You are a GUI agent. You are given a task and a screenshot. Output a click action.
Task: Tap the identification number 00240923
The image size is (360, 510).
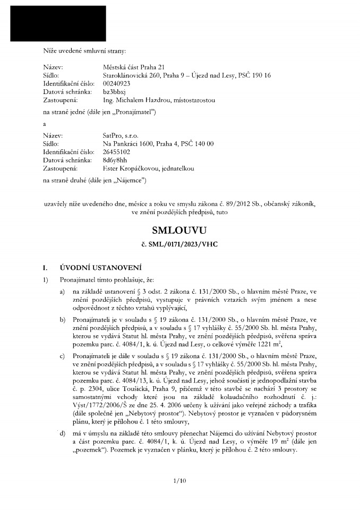coord(116,84)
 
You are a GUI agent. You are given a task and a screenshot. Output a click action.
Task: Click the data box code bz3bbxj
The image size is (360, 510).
coord(114,92)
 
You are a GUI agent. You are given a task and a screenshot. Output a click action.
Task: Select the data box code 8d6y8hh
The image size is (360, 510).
coord(115,160)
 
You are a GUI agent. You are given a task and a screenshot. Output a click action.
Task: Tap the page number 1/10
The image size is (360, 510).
coord(180,482)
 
